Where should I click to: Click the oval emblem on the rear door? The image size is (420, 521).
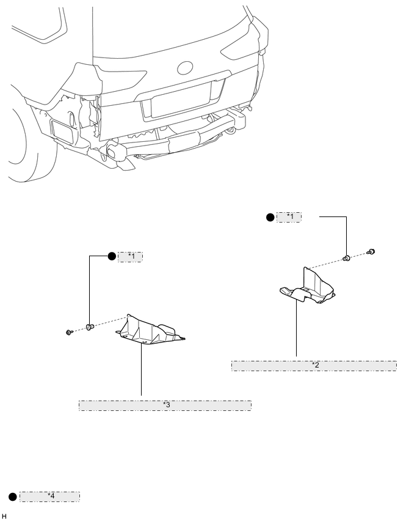coord(185,68)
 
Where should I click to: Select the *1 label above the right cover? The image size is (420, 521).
coord(289,217)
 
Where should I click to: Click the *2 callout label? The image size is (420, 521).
coord(314,366)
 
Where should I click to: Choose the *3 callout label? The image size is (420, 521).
coord(165,405)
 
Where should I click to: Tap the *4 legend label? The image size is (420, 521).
coord(50,497)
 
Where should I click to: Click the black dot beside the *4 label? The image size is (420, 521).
coord(12,497)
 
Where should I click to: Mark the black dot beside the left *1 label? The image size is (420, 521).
coord(112,257)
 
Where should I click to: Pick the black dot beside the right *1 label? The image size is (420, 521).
coord(271,217)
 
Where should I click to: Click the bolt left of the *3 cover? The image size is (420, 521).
coord(70,331)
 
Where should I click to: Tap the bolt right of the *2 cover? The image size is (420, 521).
coord(371,251)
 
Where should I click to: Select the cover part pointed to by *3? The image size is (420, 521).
coord(150,331)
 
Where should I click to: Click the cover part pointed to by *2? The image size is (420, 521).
coord(308,288)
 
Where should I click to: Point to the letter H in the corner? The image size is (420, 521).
coord(4,517)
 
